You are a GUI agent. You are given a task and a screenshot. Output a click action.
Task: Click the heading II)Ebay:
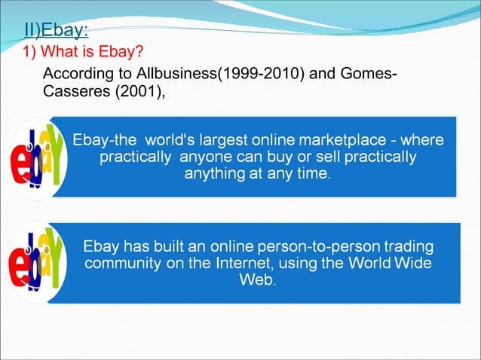[57, 32]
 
